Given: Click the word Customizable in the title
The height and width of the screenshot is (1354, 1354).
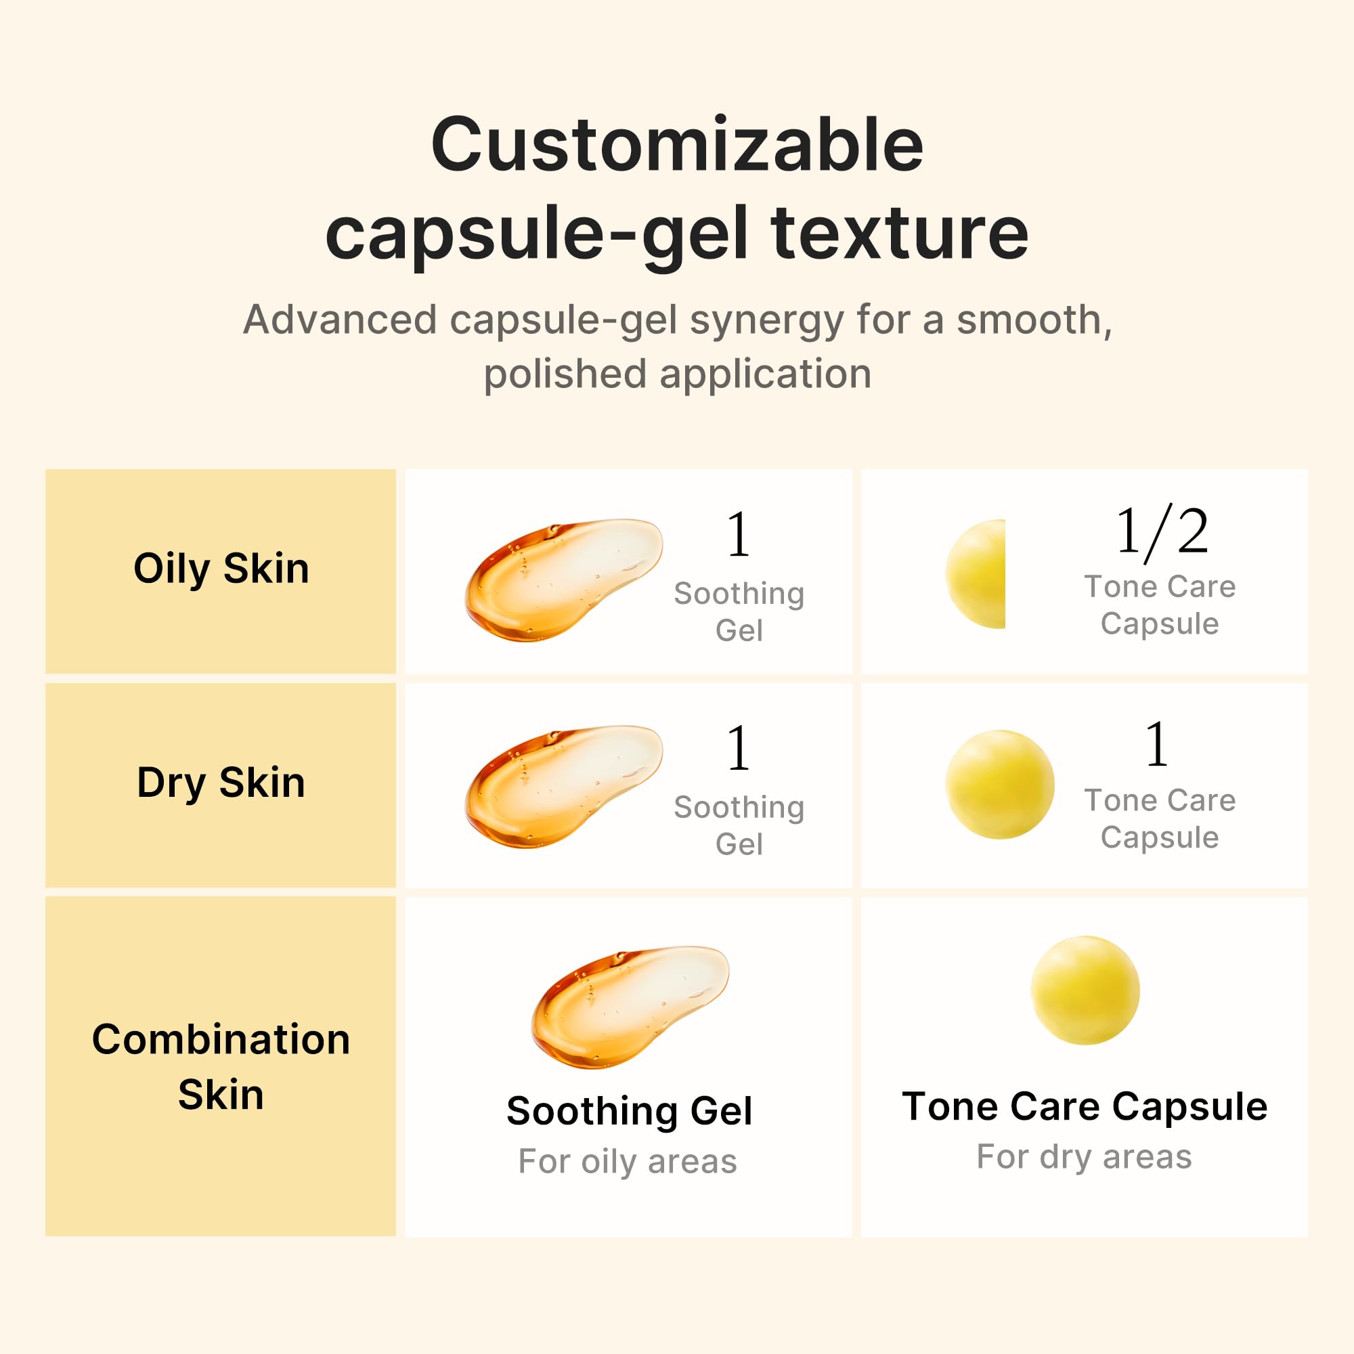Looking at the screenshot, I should [x=677, y=145].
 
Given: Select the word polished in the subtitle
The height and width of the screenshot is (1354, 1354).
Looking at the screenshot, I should [x=564, y=374].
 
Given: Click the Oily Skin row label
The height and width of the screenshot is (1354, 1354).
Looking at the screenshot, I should [x=221, y=568].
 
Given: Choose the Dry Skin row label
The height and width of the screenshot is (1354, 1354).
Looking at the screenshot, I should [x=221, y=782].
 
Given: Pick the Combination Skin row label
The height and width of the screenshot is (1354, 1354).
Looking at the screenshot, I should [x=221, y=1066].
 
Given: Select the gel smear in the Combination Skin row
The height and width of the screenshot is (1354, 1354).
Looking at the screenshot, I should [x=630, y=1007].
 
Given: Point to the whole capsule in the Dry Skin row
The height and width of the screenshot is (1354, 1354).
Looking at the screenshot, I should [x=999, y=784].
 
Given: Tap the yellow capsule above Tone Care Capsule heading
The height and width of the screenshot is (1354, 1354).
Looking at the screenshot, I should [x=1084, y=990].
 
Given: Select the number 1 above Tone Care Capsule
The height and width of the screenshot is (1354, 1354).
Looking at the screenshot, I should [x=1156, y=745].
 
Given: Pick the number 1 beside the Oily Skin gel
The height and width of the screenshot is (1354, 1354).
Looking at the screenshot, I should [x=739, y=535].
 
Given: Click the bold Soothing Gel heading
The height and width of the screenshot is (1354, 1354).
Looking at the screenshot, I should [x=629, y=1111].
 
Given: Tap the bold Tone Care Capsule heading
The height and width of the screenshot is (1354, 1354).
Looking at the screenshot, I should [x=1084, y=1107].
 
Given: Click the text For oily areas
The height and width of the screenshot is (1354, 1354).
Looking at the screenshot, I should [x=628, y=1161].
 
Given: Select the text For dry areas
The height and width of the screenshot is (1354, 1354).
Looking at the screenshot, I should [x=1083, y=1156].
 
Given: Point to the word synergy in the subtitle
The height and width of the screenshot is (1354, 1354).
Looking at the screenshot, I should [x=767, y=321].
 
